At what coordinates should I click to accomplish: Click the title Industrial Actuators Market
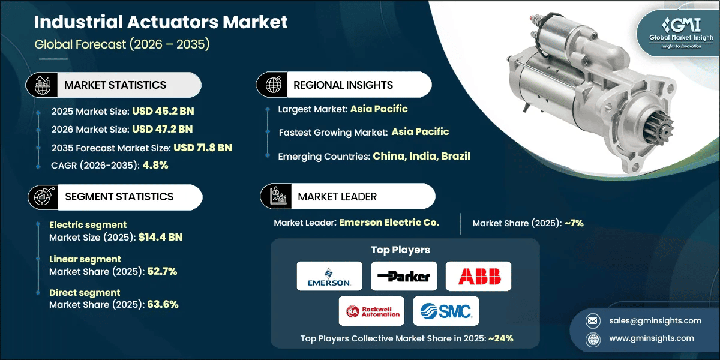(161, 22)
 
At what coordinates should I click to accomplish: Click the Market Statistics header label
(115, 85)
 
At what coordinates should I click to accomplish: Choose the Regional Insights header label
(343, 85)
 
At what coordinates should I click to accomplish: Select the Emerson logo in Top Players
(329, 276)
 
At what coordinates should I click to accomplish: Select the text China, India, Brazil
(421, 156)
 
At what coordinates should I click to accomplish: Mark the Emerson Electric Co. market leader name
(389, 222)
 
